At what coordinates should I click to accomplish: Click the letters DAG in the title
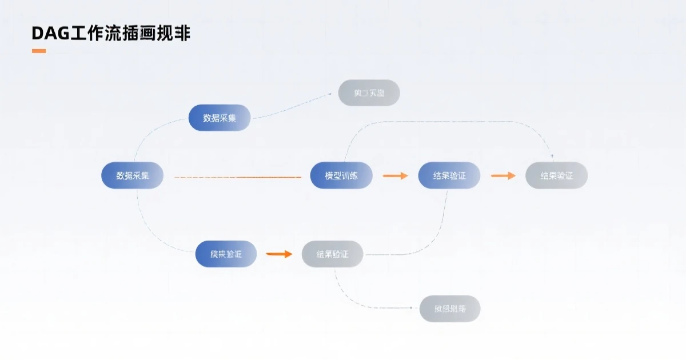click(50, 34)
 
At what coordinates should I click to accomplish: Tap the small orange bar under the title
click(39, 51)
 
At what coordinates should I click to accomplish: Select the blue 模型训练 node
click(341, 175)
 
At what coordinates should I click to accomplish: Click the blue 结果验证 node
click(449, 175)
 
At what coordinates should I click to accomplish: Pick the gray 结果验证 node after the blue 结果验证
click(556, 175)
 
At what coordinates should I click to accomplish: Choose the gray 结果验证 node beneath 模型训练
click(332, 254)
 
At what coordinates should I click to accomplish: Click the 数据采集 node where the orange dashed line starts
click(132, 175)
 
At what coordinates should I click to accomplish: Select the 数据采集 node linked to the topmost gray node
click(220, 118)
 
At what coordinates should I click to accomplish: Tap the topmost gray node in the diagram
click(369, 93)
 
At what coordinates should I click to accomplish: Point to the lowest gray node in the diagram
click(450, 309)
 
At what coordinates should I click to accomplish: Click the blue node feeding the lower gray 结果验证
click(226, 254)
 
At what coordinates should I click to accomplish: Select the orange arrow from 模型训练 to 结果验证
click(395, 175)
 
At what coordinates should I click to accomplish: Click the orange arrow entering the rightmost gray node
click(503, 175)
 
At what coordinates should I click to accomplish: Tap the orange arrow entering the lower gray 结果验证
click(279, 254)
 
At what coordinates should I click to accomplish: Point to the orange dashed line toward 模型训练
click(237, 177)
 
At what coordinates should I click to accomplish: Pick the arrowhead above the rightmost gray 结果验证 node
click(552, 156)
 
